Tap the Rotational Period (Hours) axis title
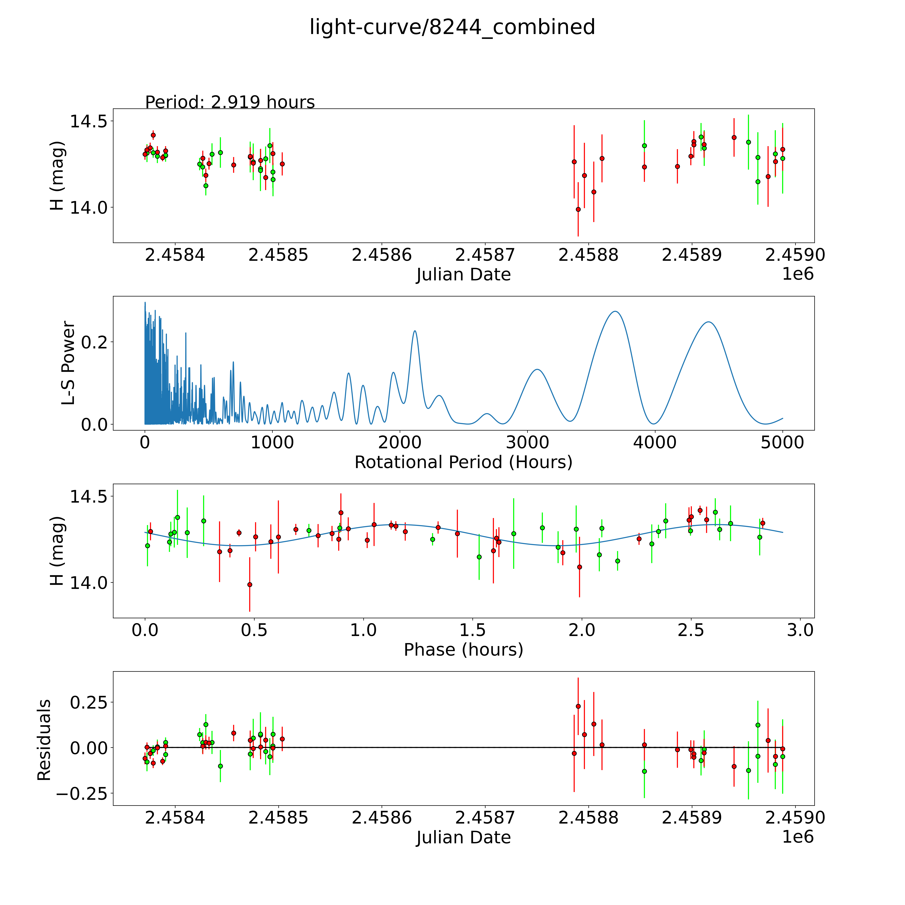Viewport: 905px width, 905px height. point(463,462)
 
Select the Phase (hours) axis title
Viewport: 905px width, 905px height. point(463,650)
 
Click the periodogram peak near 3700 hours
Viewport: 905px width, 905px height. point(615,312)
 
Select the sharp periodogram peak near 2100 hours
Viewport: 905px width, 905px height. point(415,331)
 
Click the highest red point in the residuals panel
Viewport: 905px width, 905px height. point(578,706)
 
